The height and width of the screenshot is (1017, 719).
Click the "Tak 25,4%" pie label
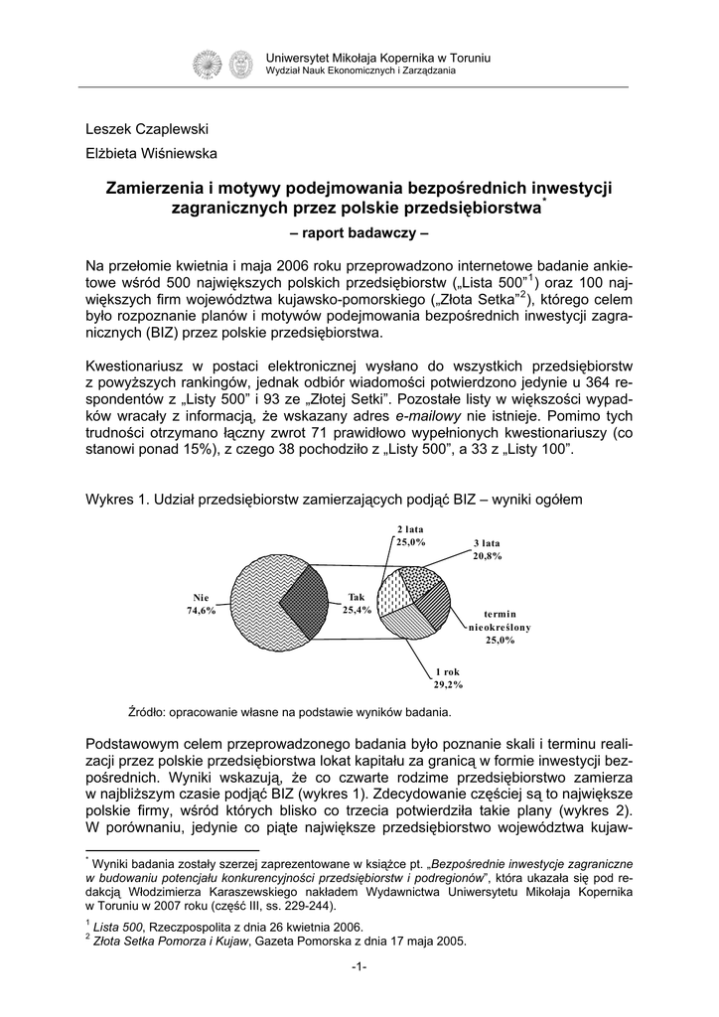pyautogui.click(x=357, y=603)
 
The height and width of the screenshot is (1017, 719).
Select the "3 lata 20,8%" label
pyautogui.click(x=487, y=549)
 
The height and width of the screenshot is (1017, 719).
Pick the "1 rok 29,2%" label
pyautogui.click(x=448, y=678)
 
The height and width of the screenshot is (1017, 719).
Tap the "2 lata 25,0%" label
pyautogui.click(x=411, y=535)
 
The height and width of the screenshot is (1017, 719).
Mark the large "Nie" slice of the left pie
pyautogui.click(x=253, y=601)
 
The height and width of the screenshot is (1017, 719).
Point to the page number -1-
pyautogui.click(x=359, y=968)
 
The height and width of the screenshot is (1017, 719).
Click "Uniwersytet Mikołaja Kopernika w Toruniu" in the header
pyautogui.click(x=378, y=59)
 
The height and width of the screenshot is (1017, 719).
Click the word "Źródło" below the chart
pyautogui.click(x=147, y=711)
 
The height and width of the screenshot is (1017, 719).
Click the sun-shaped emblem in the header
pyautogui.click(x=209, y=65)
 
